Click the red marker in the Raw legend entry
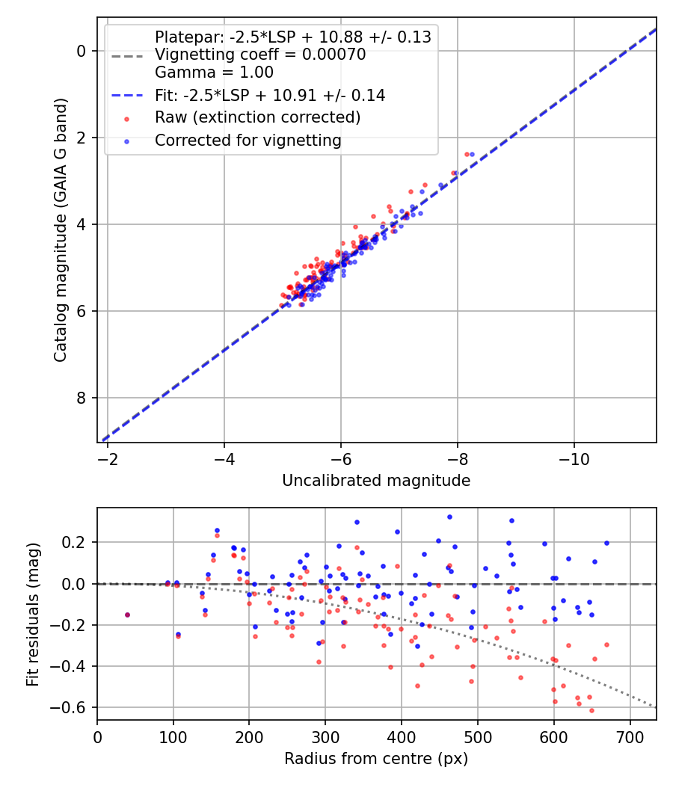click(126, 118)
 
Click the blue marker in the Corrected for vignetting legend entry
click(126, 141)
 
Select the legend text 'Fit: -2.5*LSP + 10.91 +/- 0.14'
click(270, 95)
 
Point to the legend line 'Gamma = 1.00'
click(214, 73)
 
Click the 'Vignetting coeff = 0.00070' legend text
click(260, 55)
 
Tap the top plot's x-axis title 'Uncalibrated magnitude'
click(376, 481)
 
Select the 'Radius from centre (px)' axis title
click(376, 759)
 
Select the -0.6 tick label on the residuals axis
click(74, 707)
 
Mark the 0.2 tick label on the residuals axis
click(77, 542)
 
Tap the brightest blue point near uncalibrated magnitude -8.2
click(472, 154)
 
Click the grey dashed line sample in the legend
click(126, 55)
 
